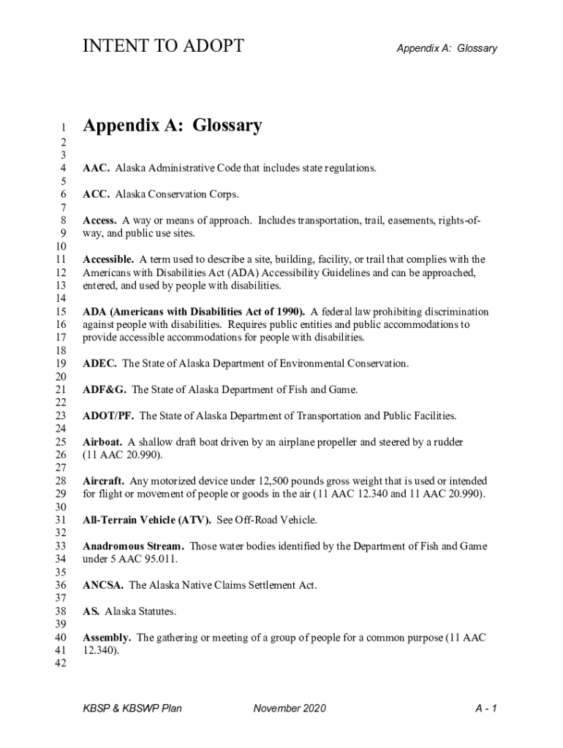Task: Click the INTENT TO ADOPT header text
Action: [163, 47]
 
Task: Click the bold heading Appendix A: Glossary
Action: [172, 126]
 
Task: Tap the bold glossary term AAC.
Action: [96, 168]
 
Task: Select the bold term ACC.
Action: [96, 194]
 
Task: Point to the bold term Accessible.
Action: [108, 259]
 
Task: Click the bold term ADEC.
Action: [99, 363]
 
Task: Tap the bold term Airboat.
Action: [102, 442]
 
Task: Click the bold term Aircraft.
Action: [103, 481]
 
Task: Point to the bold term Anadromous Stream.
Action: [133, 546]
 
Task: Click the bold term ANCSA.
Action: [103, 585]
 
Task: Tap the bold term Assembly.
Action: [107, 638]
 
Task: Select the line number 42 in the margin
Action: [61, 663]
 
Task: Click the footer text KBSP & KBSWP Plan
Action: [132, 708]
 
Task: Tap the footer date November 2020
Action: [290, 708]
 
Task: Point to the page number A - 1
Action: [485, 708]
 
